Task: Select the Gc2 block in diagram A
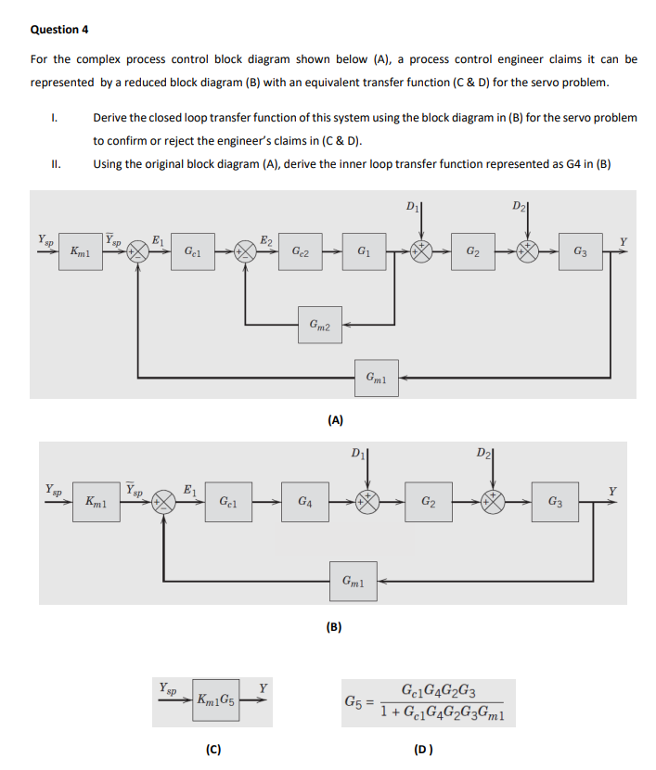click(301, 250)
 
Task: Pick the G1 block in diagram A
click(365, 250)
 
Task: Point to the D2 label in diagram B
click(483, 454)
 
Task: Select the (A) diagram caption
click(336, 419)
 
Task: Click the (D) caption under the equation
click(423, 748)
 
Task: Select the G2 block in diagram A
click(473, 251)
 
